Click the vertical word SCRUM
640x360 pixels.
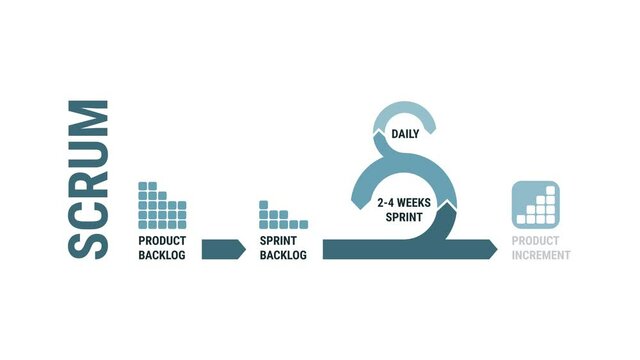pos(88,180)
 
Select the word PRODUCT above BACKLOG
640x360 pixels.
pos(162,241)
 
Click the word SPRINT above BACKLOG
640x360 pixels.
pos(283,241)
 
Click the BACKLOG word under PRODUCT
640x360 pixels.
pos(162,256)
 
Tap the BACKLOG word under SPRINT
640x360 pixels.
pos(283,256)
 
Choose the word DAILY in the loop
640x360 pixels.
pos(405,133)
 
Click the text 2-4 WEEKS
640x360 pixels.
pos(405,202)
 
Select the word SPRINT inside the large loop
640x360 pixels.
pos(405,216)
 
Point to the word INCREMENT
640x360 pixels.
pos(541,256)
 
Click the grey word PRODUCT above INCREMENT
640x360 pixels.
pos(535,241)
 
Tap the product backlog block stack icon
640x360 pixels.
pos(160,203)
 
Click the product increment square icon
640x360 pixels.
pos(535,203)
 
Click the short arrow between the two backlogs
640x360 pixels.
pos(223,249)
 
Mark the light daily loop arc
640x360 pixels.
pos(405,112)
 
